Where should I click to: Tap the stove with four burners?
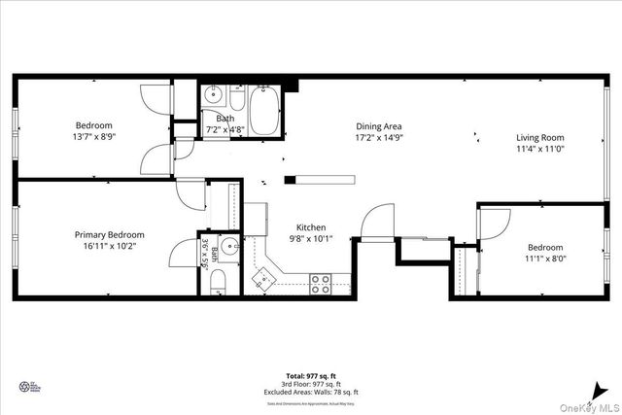320,284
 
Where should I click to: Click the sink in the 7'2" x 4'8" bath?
215,98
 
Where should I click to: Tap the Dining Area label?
379,126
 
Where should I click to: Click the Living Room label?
540,137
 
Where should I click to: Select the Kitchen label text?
311,226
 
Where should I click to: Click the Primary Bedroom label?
110,234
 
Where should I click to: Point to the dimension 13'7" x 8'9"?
95,137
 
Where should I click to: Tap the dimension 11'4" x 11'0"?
540,150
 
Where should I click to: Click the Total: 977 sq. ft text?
311,374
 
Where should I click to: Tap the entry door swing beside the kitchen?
375,223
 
